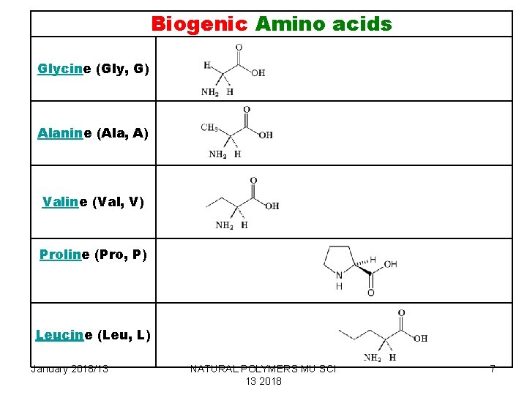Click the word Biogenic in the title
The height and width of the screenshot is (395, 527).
[199, 24]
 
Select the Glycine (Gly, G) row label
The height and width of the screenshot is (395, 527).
[93, 69]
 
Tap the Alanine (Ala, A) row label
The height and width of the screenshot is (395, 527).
[93, 133]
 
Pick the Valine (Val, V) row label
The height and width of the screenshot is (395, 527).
[93, 201]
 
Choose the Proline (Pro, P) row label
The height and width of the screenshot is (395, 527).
[93, 255]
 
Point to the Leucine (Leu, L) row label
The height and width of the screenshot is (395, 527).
[93, 335]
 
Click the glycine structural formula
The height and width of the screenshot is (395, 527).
[233, 70]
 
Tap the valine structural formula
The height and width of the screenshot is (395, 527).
[242, 203]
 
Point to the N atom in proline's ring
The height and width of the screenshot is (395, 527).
[339, 276]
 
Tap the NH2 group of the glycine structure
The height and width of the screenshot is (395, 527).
[211, 92]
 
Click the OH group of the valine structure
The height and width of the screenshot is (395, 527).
[272, 206]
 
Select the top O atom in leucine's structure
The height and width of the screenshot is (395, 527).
[401, 314]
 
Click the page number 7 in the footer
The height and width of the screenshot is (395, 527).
[493, 369]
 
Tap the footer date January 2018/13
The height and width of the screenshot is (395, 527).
[70, 369]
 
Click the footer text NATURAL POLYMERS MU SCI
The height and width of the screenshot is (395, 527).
[263, 369]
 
